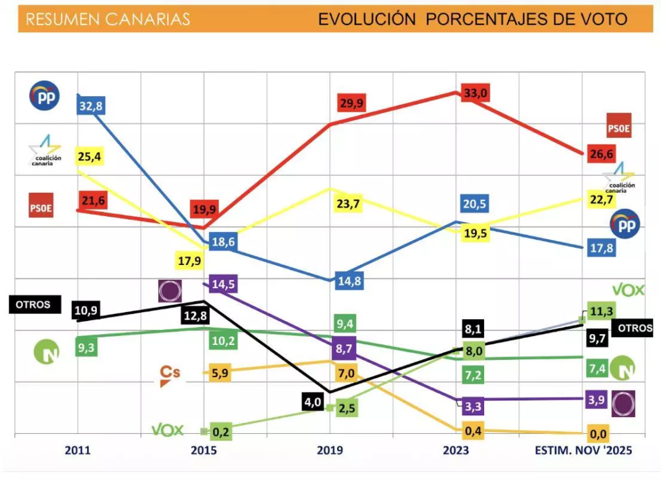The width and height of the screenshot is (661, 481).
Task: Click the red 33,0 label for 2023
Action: coord(475,93)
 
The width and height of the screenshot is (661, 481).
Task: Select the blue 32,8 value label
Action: coord(91,106)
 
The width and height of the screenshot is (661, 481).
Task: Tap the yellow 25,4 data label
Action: coord(91,156)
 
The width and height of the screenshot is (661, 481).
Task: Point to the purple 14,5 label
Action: coord(219,285)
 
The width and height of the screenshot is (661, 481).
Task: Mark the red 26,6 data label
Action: coord(601,153)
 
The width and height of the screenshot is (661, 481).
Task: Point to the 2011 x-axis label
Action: coord(77,451)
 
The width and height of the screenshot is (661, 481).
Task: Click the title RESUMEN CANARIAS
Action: coord(108,19)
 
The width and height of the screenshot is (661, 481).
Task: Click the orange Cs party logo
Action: coord(170,375)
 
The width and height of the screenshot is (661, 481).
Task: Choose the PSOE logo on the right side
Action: coord(618,126)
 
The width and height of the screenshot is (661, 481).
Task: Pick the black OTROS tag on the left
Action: coord(34,304)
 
